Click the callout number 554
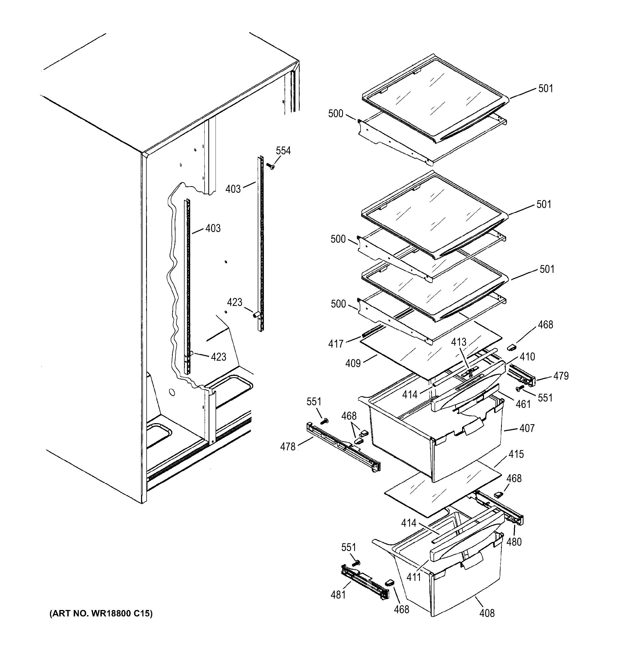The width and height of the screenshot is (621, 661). (283, 151)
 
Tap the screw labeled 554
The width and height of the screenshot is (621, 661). (271, 166)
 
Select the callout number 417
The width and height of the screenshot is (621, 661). (336, 344)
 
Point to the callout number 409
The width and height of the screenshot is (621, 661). (353, 363)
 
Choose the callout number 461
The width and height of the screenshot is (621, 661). (523, 404)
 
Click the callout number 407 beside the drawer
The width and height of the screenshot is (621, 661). (527, 428)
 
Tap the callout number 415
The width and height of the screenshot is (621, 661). (516, 454)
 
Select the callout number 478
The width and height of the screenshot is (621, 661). (288, 447)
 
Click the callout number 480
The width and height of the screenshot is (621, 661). (514, 542)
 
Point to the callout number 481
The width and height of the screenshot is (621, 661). (338, 595)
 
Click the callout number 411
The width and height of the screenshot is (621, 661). (414, 577)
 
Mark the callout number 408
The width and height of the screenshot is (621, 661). (487, 613)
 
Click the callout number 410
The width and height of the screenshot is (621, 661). (527, 357)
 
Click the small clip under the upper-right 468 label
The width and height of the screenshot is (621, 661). (511, 347)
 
